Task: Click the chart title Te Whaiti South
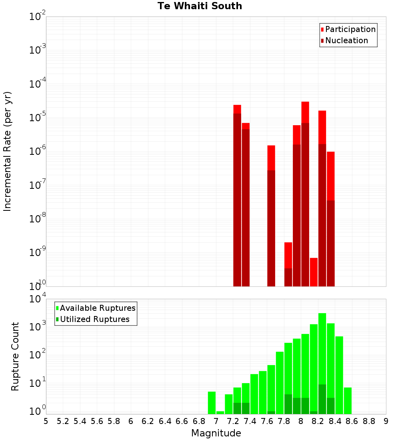pos(200,6)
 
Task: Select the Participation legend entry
pos(350,29)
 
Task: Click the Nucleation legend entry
pos(346,40)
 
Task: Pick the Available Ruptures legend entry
pos(97,308)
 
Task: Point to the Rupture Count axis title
pos(15,356)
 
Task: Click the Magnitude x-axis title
pos(216,433)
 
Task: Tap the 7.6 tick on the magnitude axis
pos(267,421)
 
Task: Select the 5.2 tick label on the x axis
pos(63,421)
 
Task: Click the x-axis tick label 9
pos(386,421)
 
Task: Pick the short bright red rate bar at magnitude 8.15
pos(314,272)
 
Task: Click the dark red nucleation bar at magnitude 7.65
pos(271,228)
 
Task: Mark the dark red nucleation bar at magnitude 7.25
pos(237,200)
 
